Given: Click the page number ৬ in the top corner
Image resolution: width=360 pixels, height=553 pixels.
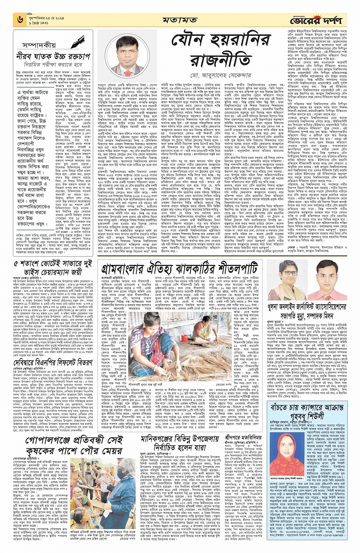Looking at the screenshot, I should (18, 19).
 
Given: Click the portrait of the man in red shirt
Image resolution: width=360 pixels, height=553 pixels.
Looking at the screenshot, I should (329, 280).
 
